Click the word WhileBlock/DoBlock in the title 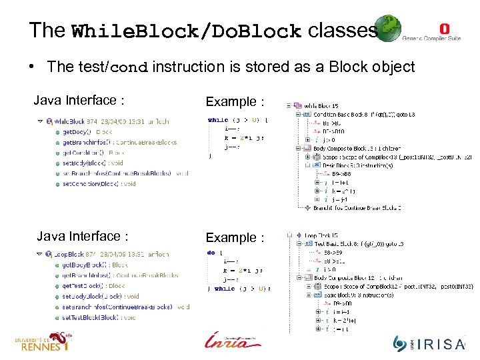tap(186, 32)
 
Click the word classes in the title tap(343, 30)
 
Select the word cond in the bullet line tap(131, 67)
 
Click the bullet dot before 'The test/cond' tap(31, 67)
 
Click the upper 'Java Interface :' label tap(79, 101)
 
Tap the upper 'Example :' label tap(235, 101)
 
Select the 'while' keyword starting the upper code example tap(217, 120)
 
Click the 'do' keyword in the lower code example tap(211, 253)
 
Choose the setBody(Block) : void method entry tap(94, 162)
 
